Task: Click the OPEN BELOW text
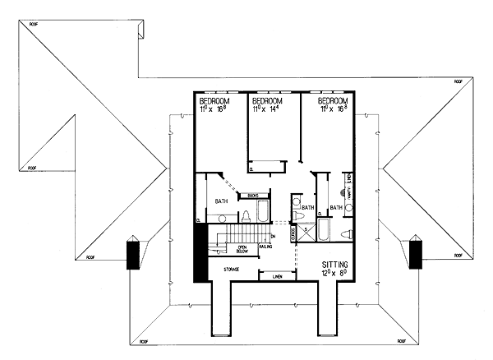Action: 243,249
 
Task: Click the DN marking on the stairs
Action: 272,237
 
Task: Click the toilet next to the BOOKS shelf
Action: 244,216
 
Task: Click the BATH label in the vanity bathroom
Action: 335,207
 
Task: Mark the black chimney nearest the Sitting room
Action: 415,252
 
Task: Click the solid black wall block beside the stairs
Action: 197,252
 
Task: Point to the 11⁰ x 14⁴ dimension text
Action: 269,106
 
